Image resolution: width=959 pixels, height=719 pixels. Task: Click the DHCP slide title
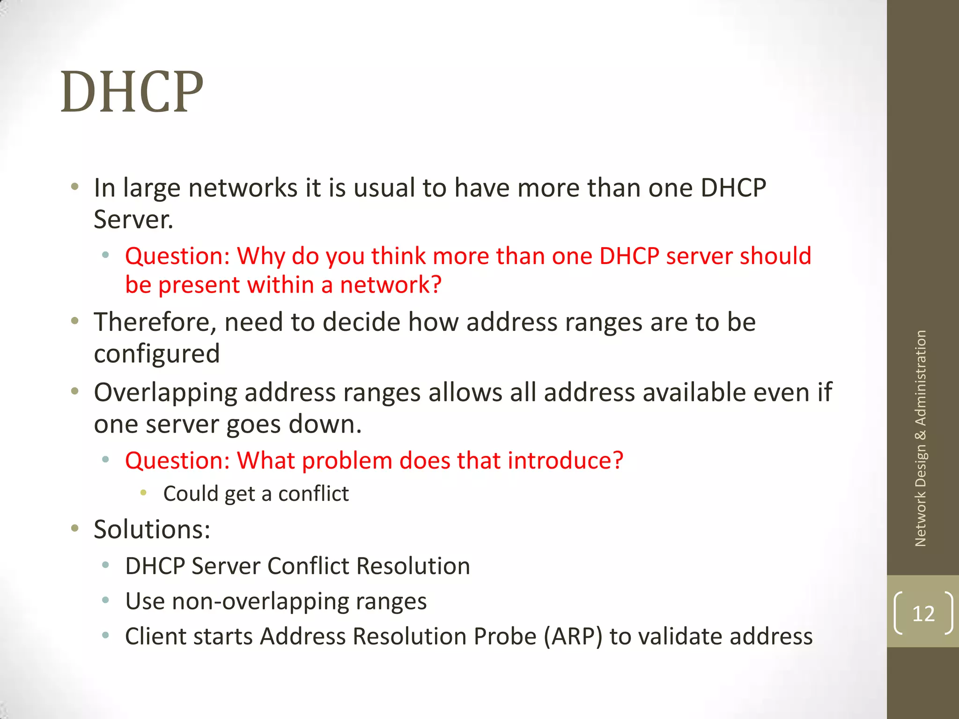(132, 92)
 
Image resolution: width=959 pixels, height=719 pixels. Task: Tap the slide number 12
(923, 613)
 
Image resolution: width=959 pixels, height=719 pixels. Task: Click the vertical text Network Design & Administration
(921, 438)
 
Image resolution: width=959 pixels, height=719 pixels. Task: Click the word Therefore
(155, 323)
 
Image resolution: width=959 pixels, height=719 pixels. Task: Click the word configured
(157, 354)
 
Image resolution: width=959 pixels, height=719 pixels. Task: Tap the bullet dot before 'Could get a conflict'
(144, 492)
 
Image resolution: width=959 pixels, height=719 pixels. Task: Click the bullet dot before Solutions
(74, 528)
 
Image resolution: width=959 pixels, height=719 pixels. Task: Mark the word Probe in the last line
(505, 637)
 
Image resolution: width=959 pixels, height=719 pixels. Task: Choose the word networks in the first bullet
(243, 188)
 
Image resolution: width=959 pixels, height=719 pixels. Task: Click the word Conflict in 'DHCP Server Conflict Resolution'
(308, 566)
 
